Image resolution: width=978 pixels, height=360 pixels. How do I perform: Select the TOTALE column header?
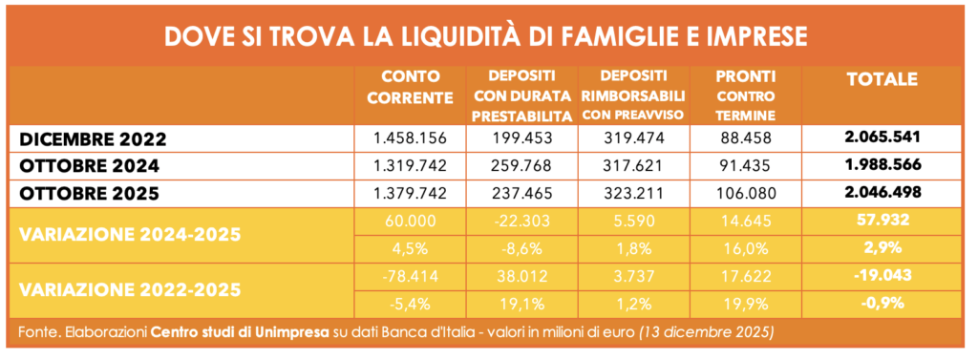(x=882, y=79)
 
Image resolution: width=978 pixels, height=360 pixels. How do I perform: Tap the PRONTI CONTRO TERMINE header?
(x=746, y=95)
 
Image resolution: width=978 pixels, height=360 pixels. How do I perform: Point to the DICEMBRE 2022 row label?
(x=93, y=139)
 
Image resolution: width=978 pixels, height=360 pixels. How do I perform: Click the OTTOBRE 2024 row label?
(x=89, y=166)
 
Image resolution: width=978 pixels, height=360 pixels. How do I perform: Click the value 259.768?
(x=521, y=166)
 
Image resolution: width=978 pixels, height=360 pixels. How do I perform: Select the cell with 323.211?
(x=633, y=194)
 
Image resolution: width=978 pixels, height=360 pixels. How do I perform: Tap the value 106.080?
(x=746, y=194)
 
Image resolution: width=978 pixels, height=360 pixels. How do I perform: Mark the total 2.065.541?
(x=882, y=138)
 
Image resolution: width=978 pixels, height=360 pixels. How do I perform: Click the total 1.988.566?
(x=882, y=165)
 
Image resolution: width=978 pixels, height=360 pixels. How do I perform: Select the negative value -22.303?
(x=521, y=221)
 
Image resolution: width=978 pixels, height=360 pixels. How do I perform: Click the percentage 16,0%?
(x=746, y=247)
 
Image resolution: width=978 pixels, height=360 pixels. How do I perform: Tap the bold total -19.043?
(x=882, y=275)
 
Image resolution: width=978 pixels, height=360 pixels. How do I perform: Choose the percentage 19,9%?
(x=746, y=305)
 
